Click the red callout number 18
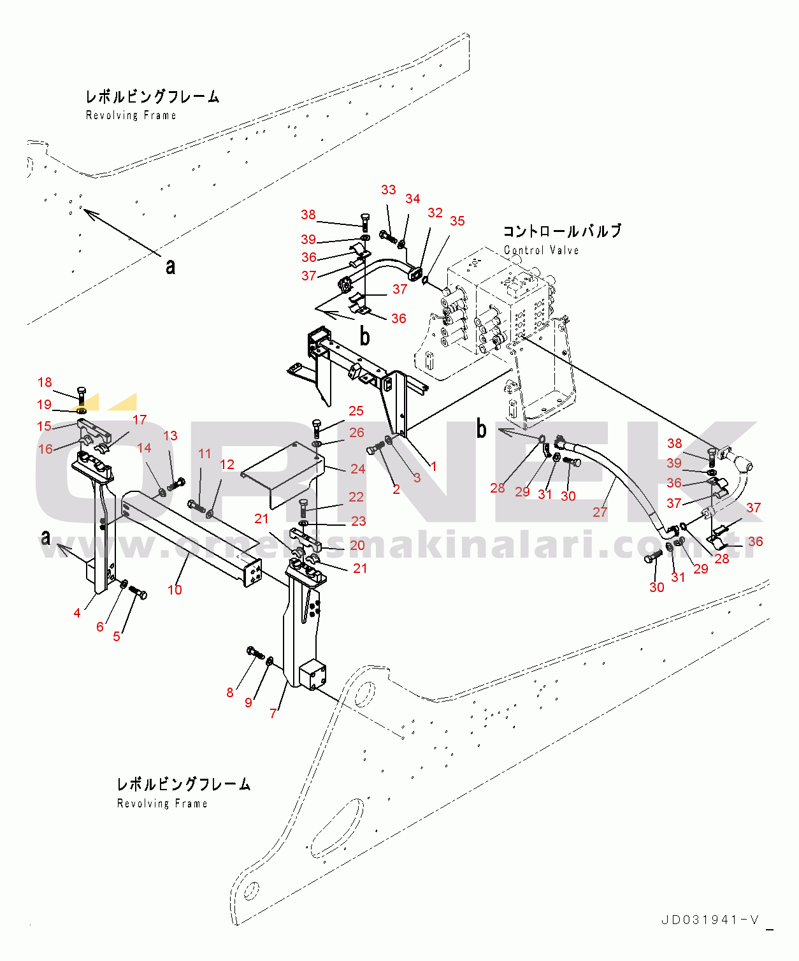45,382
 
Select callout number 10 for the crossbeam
175,590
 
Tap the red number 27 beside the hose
600,512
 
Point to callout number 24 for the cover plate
358,469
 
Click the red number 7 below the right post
273,714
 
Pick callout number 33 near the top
389,190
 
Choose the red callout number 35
457,221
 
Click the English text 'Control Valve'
541,250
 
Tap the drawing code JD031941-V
710,920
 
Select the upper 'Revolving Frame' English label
131,115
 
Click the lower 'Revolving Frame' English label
162,804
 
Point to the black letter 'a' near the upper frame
170,266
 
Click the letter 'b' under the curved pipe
364,335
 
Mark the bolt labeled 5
138,593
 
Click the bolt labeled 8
255,653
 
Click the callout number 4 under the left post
77,613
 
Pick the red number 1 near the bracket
434,466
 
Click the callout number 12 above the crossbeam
227,465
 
